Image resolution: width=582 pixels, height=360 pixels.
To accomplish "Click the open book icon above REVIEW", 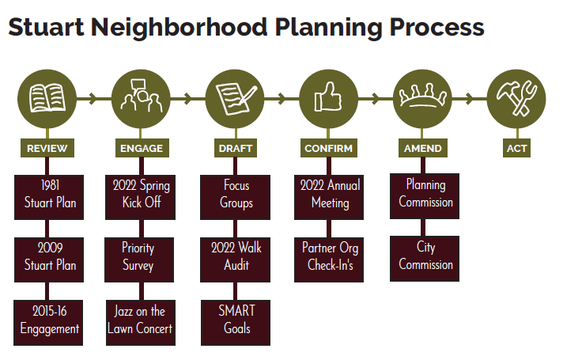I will [x=47, y=99].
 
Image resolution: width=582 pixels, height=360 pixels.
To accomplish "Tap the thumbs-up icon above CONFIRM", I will [x=328, y=99].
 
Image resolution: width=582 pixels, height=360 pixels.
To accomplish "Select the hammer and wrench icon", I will [x=516, y=99].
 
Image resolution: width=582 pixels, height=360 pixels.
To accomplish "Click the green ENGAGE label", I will [x=142, y=148].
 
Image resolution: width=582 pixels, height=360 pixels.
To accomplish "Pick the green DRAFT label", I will [x=235, y=148].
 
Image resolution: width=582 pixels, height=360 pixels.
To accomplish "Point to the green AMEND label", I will [x=422, y=148].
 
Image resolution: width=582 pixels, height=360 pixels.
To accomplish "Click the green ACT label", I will [x=516, y=148].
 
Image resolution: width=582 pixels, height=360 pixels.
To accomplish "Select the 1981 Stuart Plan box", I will [x=48, y=195].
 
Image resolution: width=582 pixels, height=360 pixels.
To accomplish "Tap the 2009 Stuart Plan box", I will [x=48, y=257].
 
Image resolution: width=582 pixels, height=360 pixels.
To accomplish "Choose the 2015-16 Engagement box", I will [x=48, y=320].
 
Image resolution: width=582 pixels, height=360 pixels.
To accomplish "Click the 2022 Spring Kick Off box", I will [x=142, y=195].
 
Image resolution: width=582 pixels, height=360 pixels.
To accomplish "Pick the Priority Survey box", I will [x=142, y=257].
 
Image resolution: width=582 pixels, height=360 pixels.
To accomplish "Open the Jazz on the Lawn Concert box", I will [x=142, y=320].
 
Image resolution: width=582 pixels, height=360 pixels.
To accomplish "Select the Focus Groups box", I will [x=235, y=195].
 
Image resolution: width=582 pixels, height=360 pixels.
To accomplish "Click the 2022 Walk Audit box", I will [x=235, y=257].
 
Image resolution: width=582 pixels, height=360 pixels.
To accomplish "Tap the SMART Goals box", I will [x=235, y=320].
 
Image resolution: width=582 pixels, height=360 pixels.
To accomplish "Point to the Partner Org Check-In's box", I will [x=329, y=257].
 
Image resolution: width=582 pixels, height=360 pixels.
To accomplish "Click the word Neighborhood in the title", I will [x=181, y=27].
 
